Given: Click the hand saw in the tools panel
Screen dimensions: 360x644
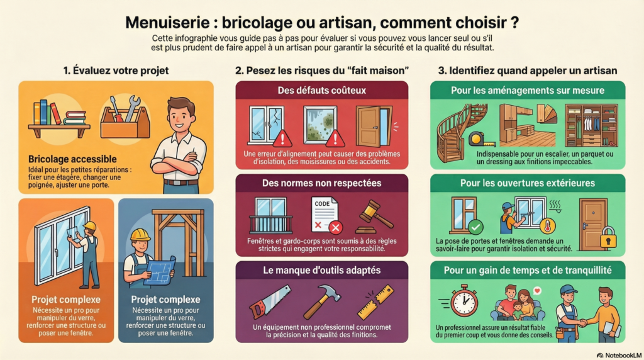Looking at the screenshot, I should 270,302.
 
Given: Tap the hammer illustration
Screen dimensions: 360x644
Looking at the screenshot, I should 322,300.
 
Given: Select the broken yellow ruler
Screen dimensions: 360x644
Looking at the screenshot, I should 375,301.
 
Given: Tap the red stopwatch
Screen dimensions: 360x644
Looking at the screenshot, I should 464,300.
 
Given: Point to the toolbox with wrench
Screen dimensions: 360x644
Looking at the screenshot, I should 125,117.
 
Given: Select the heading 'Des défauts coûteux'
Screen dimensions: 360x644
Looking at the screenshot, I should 321,91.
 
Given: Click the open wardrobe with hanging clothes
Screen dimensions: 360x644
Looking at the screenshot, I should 591,125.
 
